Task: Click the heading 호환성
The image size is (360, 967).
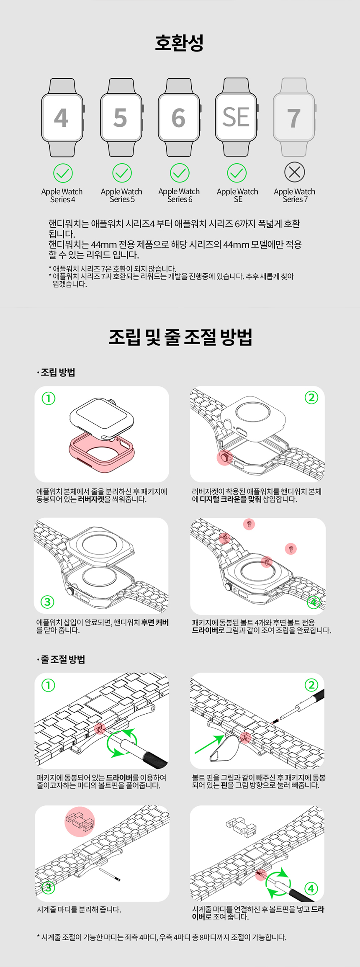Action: click(179, 43)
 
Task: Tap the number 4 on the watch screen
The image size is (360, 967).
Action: click(61, 118)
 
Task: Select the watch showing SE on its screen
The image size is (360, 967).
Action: click(237, 117)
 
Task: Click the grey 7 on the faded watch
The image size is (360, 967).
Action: click(294, 118)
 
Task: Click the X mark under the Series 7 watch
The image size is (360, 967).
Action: click(294, 172)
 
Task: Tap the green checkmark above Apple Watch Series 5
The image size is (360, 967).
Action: click(122, 173)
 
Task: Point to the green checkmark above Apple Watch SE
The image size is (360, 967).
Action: click(237, 173)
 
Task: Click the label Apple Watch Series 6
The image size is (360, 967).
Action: click(179, 195)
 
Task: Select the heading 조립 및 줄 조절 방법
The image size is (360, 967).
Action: click(180, 337)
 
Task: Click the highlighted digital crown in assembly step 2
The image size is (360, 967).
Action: click(225, 458)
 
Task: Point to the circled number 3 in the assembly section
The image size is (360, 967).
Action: click(47, 602)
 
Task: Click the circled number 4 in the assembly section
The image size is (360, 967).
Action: click(314, 602)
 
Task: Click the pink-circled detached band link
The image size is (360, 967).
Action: click(80, 821)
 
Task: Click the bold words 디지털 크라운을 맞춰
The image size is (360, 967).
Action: click(231, 499)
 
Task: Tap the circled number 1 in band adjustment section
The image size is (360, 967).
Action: click(48, 685)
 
